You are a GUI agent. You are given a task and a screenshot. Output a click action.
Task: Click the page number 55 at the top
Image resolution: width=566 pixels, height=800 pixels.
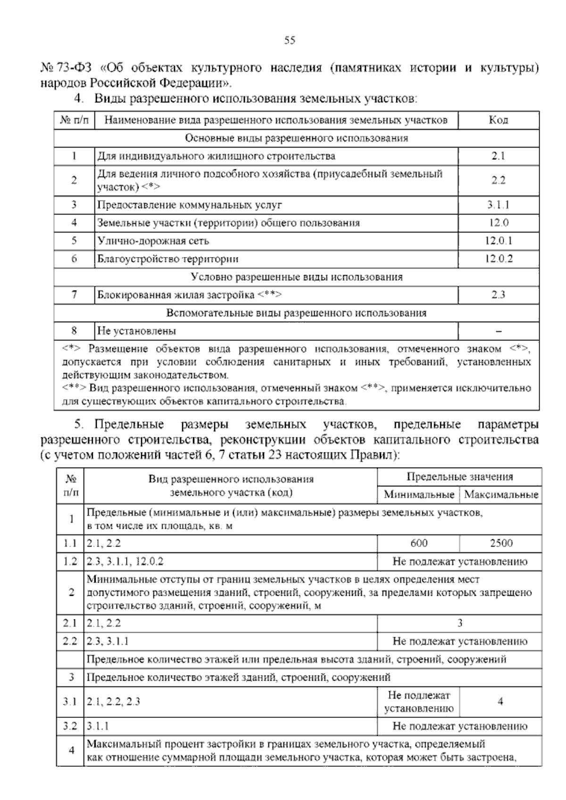[x=290, y=41]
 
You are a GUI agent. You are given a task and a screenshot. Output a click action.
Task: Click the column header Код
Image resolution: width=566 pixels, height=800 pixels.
[x=498, y=120]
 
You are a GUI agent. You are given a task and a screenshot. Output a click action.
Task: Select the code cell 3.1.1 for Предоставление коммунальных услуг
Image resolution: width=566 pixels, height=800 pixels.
[x=498, y=205]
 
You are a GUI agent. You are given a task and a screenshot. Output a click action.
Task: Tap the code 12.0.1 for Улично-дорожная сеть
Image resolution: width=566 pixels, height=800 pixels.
[x=498, y=241]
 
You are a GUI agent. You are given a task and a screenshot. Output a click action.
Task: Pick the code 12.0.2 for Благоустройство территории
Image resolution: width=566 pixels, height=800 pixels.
[x=498, y=259]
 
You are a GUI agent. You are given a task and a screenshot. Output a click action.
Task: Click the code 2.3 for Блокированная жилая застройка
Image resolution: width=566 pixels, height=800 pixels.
[x=498, y=295]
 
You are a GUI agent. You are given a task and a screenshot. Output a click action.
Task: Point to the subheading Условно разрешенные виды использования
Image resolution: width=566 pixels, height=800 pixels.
[x=297, y=277]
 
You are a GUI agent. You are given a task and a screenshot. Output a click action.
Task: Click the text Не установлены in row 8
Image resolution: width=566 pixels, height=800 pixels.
[x=137, y=331]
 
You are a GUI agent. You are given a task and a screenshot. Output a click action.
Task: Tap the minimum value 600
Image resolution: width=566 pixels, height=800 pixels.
[x=418, y=543]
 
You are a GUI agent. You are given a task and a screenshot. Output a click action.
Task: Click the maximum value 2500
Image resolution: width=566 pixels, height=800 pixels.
[x=501, y=543]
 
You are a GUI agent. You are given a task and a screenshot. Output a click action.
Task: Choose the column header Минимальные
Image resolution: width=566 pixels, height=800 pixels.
[x=419, y=495]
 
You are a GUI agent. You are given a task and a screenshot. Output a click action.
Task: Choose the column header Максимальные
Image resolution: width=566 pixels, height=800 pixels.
[x=501, y=495]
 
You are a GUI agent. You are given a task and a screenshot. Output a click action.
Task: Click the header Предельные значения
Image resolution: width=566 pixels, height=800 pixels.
[x=459, y=477]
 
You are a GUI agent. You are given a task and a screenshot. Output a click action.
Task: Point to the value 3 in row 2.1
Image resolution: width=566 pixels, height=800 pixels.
[x=460, y=623]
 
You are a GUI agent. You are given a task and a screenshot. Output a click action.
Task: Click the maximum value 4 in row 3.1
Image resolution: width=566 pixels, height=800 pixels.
[x=500, y=702]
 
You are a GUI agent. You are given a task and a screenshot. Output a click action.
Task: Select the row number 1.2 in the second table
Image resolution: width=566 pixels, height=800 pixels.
[x=70, y=562]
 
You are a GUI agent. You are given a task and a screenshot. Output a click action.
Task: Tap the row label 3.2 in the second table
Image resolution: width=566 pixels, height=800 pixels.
[x=70, y=726]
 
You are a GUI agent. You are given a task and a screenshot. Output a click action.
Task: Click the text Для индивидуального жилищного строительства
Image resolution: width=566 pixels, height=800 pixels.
[x=216, y=156]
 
